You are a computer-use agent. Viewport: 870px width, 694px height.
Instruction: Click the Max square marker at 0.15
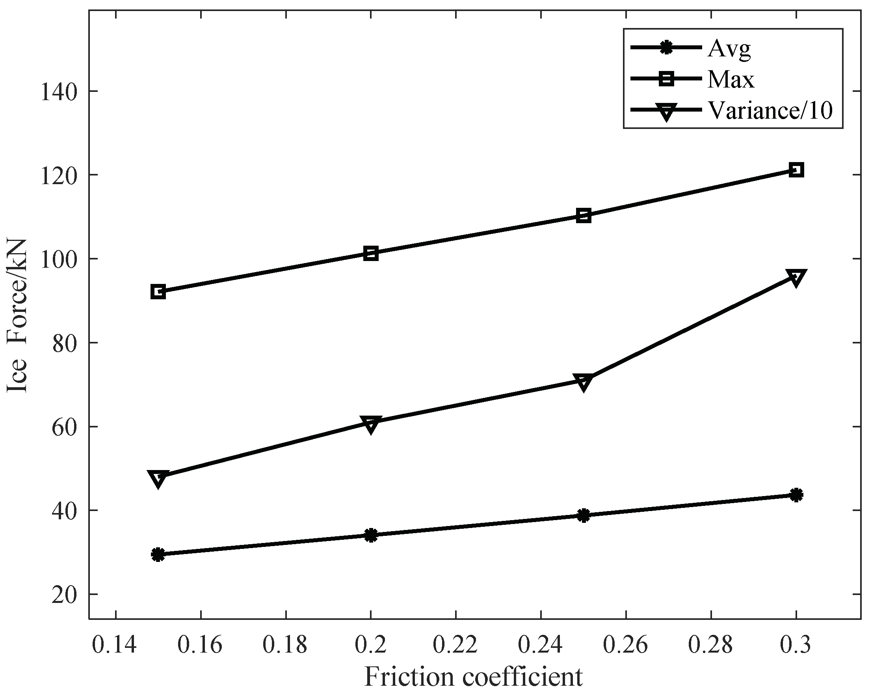click(x=158, y=291)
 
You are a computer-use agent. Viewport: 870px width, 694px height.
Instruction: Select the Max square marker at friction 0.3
click(x=796, y=170)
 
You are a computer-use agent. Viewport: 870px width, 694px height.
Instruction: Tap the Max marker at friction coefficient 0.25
click(x=584, y=216)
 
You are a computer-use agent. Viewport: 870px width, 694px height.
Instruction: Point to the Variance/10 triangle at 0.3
click(x=796, y=278)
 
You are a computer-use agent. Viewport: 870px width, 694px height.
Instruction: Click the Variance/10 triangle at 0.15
click(x=158, y=478)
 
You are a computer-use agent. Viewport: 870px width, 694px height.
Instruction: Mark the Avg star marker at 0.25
click(x=584, y=515)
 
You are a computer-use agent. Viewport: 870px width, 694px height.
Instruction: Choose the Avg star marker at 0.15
click(x=158, y=555)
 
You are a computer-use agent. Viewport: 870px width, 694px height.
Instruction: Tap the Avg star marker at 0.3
click(x=796, y=494)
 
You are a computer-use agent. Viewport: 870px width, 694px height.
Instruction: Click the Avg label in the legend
click(x=729, y=49)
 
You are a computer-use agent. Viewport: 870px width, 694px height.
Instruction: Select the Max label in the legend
click(x=731, y=80)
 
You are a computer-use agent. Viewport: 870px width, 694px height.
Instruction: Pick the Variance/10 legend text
click(x=770, y=110)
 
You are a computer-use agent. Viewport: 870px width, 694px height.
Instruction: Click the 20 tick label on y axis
click(x=64, y=595)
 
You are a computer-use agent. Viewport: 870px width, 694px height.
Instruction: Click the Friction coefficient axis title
click(x=473, y=677)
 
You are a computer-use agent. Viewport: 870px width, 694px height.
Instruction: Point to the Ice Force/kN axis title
click(x=17, y=315)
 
